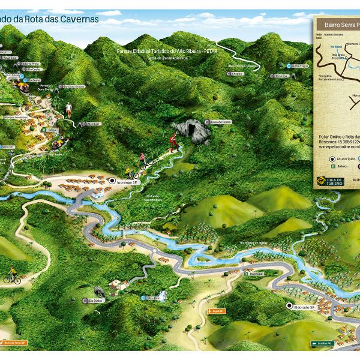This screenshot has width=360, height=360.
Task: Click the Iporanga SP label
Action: pos(127,181)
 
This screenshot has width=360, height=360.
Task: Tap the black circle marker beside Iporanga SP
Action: pos(112,181)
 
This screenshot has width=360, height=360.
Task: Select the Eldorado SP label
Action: pos(305,307)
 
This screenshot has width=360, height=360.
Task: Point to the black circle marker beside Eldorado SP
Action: pos(290,307)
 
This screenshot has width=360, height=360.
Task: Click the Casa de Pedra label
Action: pos(221,121)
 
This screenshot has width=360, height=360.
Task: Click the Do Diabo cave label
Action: pos(97,301)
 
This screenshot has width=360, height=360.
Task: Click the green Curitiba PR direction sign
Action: pos(322,343)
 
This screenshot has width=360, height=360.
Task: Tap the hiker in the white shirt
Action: pos(70,109)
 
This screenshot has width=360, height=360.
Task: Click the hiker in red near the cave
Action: pos(173,140)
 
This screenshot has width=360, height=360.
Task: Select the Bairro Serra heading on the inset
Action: pos(340,25)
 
